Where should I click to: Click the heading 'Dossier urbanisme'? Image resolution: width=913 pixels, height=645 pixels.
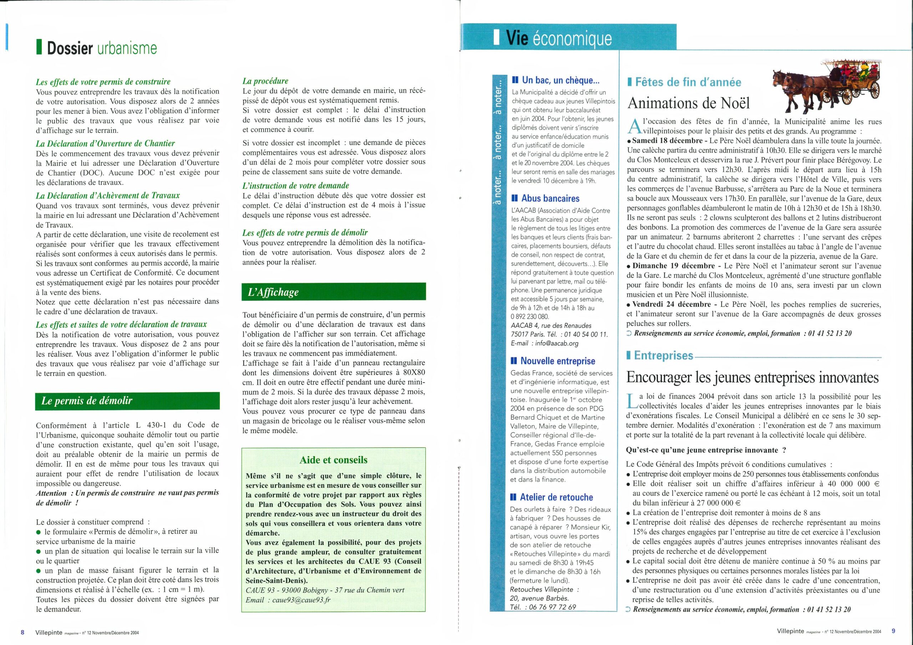click(102, 48)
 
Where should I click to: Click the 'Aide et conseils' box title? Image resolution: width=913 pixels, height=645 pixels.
click(333, 460)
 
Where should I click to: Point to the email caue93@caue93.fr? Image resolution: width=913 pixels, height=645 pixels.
click(301, 600)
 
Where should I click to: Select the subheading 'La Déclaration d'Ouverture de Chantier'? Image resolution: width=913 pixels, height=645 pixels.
click(105, 144)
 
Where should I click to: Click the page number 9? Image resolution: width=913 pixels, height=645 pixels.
click(893, 631)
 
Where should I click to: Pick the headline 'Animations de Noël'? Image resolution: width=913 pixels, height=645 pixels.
click(688, 103)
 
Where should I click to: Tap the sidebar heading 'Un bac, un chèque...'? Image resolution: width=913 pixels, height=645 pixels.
click(560, 80)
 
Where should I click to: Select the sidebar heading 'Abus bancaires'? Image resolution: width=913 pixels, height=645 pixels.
click(550, 198)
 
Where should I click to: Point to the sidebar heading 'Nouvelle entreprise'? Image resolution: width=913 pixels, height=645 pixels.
click(557, 361)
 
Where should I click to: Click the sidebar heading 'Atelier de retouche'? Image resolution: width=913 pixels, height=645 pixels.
click(556, 497)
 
